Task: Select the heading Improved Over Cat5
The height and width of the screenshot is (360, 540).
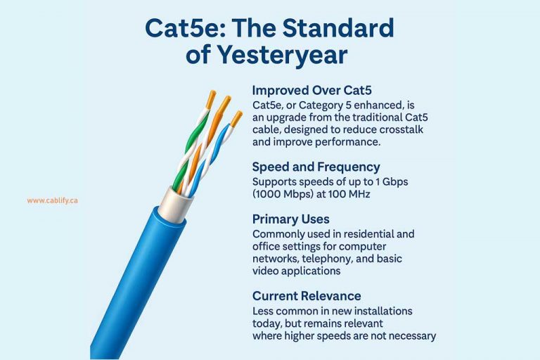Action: coord(311,91)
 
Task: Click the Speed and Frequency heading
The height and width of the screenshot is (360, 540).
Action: coord(316,167)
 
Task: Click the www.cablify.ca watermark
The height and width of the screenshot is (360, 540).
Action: coord(52,200)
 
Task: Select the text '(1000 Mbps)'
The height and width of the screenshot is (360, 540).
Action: coord(280,195)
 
